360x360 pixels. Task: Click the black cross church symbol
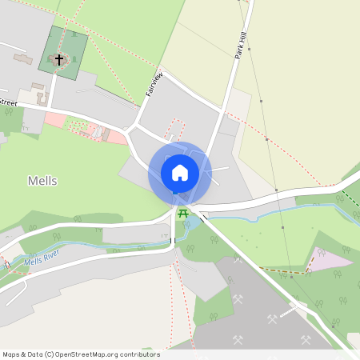click(x=58, y=59)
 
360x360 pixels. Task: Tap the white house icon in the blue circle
click(x=180, y=172)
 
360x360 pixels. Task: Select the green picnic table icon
click(x=182, y=214)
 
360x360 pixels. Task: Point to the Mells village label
click(x=42, y=181)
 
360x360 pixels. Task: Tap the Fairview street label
click(x=155, y=84)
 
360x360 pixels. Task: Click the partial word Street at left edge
click(x=8, y=102)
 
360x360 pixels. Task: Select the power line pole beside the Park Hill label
click(x=249, y=50)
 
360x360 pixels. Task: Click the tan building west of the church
click(x=22, y=59)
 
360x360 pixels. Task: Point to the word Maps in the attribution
click(x=11, y=354)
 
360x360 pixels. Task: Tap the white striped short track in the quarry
click(x=299, y=307)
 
